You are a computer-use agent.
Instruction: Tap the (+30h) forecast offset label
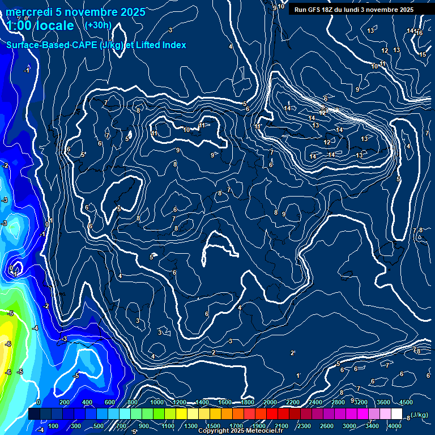98,25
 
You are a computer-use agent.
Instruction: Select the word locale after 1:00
54,25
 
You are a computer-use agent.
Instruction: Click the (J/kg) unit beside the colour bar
419,415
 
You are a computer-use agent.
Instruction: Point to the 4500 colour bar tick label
406,402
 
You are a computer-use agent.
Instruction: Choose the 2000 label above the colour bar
270,402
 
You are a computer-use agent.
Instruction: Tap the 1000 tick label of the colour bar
157,402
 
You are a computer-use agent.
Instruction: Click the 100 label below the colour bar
53,426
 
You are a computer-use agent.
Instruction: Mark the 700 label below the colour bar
121,426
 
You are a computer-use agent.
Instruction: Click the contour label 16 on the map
419,33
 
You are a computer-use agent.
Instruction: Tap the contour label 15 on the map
423,54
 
